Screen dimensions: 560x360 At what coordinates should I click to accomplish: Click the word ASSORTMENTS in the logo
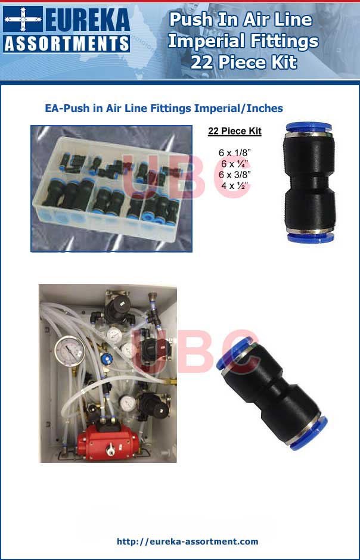[x=66, y=43]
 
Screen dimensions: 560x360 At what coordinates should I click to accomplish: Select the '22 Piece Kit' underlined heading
[x=234, y=131]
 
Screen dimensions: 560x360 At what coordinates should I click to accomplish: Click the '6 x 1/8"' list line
[x=234, y=153]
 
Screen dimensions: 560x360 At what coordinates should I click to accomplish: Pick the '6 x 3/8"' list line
[x=234, y=175]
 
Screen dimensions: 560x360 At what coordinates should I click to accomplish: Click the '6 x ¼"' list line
[x=234, y=164]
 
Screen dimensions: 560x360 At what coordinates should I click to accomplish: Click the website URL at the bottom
[x=188, y=542]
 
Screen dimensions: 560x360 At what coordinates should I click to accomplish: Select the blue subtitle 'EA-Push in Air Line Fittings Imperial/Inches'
[x=164, y=108]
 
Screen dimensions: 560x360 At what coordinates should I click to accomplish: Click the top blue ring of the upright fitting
[x=309, y=128]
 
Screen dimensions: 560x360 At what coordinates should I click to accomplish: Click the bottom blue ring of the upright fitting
[x=309, y=237]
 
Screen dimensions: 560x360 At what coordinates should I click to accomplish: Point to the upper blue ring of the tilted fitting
[x=237, y=351]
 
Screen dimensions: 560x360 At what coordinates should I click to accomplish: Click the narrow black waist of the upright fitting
[x=309, y=183]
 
